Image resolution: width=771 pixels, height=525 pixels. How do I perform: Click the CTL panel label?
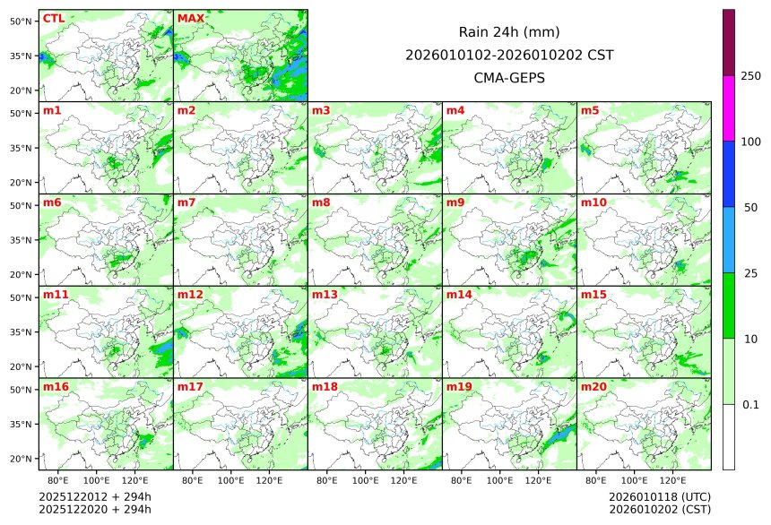pyautogui.click(x=53, y=19)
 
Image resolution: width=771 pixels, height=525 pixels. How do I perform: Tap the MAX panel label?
pyautogui.click(x=190, y=19)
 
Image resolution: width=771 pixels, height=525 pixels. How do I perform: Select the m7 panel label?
pyautogui.click(x=187, y=202)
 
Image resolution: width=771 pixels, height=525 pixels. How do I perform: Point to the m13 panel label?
pyautogui.click(x=325, y=295)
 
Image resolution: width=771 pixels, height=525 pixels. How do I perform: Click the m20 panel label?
pyautogui.click(x=593, y=387)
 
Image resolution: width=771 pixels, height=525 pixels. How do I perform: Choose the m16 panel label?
pyautogui.click(x=56, y=387)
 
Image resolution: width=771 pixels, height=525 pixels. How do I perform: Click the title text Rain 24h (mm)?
pyautogui.click(x=509, y=32)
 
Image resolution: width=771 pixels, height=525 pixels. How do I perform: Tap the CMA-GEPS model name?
pyautogui.click(x=509, y=78)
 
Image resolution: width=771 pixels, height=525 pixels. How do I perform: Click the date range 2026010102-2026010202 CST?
pyautogui.click(x=509, y=56)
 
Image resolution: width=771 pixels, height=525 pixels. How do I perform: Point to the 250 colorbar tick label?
pyautogui.click(x=750, y=75)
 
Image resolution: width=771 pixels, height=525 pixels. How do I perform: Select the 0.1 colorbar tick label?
pyautogui.click(x=750, y=404)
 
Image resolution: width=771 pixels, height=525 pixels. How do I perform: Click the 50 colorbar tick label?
pyautogui.click(x=750, y=207)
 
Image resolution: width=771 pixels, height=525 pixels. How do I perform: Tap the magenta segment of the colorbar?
pyautogui.click(x=729, y=108)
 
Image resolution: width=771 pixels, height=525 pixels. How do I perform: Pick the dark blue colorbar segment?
pyautogui.click(x=729, y=174)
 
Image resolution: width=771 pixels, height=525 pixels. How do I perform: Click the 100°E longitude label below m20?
pyautogui.click(x=634, y=481)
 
